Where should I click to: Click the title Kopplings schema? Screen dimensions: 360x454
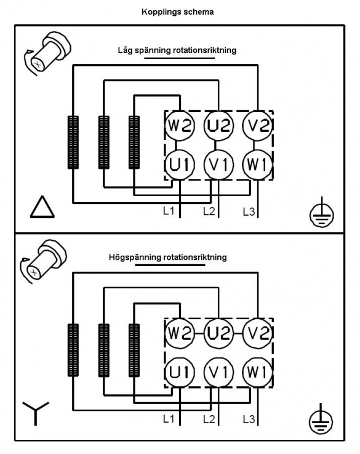(178, 12)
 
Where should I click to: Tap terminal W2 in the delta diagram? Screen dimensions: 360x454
(180, 126)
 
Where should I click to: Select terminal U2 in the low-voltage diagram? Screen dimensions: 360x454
(218, 126)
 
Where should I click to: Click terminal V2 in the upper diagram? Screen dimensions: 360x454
(257, 126)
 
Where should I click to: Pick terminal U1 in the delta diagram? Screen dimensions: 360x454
(180, 164)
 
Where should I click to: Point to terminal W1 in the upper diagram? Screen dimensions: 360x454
(257, 164)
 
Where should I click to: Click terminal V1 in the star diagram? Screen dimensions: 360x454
(218, 372)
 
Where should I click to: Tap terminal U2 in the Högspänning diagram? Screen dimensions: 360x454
(218, 333)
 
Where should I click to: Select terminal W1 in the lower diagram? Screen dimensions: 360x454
(257, 372)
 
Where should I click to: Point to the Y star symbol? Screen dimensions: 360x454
(36, 413)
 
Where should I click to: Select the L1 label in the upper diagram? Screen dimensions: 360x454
(169, 211)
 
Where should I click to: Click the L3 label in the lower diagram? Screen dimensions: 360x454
(249, 419)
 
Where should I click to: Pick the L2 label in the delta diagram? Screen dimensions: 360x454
(209, 211)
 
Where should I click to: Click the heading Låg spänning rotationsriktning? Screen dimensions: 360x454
(177, 51)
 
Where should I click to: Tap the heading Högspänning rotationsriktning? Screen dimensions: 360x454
(168, 257)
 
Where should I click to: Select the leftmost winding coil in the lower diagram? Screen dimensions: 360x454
(73, 350)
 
